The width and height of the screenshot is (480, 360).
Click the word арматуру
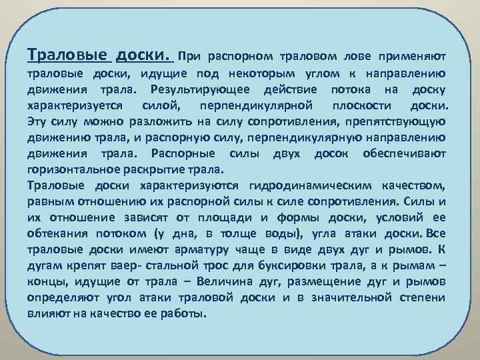coord(223,249)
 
